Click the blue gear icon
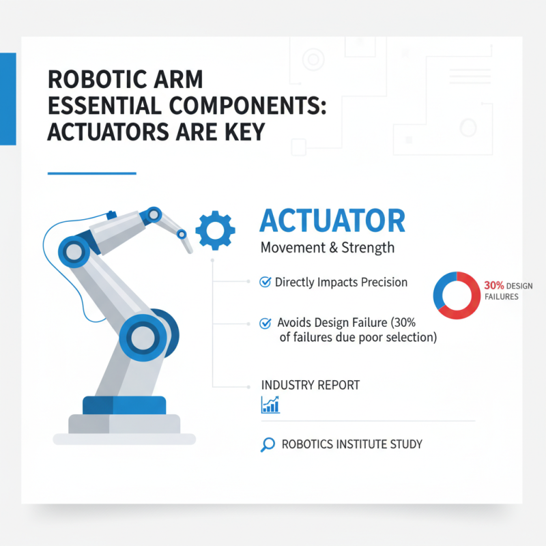[216, 229]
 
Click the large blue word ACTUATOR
[332, 221]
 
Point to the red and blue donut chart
[455, 295]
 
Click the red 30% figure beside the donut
[493, 285]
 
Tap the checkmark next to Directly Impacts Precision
[265, 282]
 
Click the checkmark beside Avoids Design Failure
[265, 324]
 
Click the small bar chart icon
[270, 405]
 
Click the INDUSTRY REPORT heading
[311, 385]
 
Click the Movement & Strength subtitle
[328, 247]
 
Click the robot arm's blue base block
[124, 405]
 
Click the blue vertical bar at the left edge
[8, 98]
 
